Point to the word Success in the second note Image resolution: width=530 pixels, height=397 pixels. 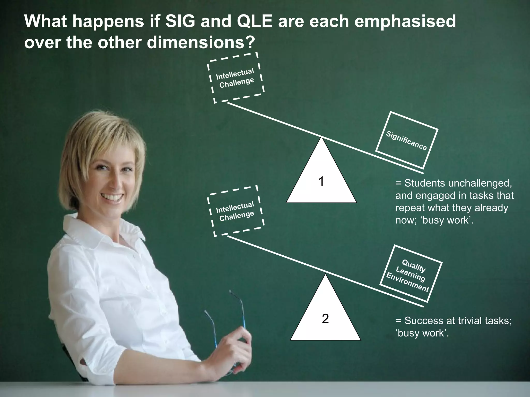click(x=423, y=321)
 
